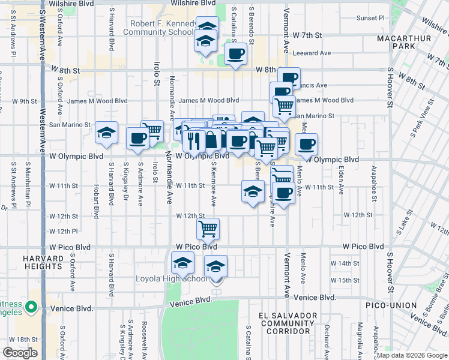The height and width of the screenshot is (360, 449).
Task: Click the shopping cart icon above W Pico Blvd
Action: (x=208, y=228)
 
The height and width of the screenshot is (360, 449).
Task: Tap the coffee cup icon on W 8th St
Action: (x=235, y=55)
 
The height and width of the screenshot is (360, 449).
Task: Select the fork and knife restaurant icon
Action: (x=193, y=140)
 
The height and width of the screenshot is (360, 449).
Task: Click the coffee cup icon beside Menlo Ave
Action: (x=306, y=143)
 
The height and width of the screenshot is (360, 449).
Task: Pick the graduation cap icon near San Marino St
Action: (x=106, y=133)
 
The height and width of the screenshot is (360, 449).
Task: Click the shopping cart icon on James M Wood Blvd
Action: (x=284, y=106)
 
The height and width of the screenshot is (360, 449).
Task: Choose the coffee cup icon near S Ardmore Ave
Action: (x=137, y=138)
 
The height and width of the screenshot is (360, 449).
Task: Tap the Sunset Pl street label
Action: (x=369, y=18)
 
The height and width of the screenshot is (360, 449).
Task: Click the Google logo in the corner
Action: (x=20, y=353)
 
